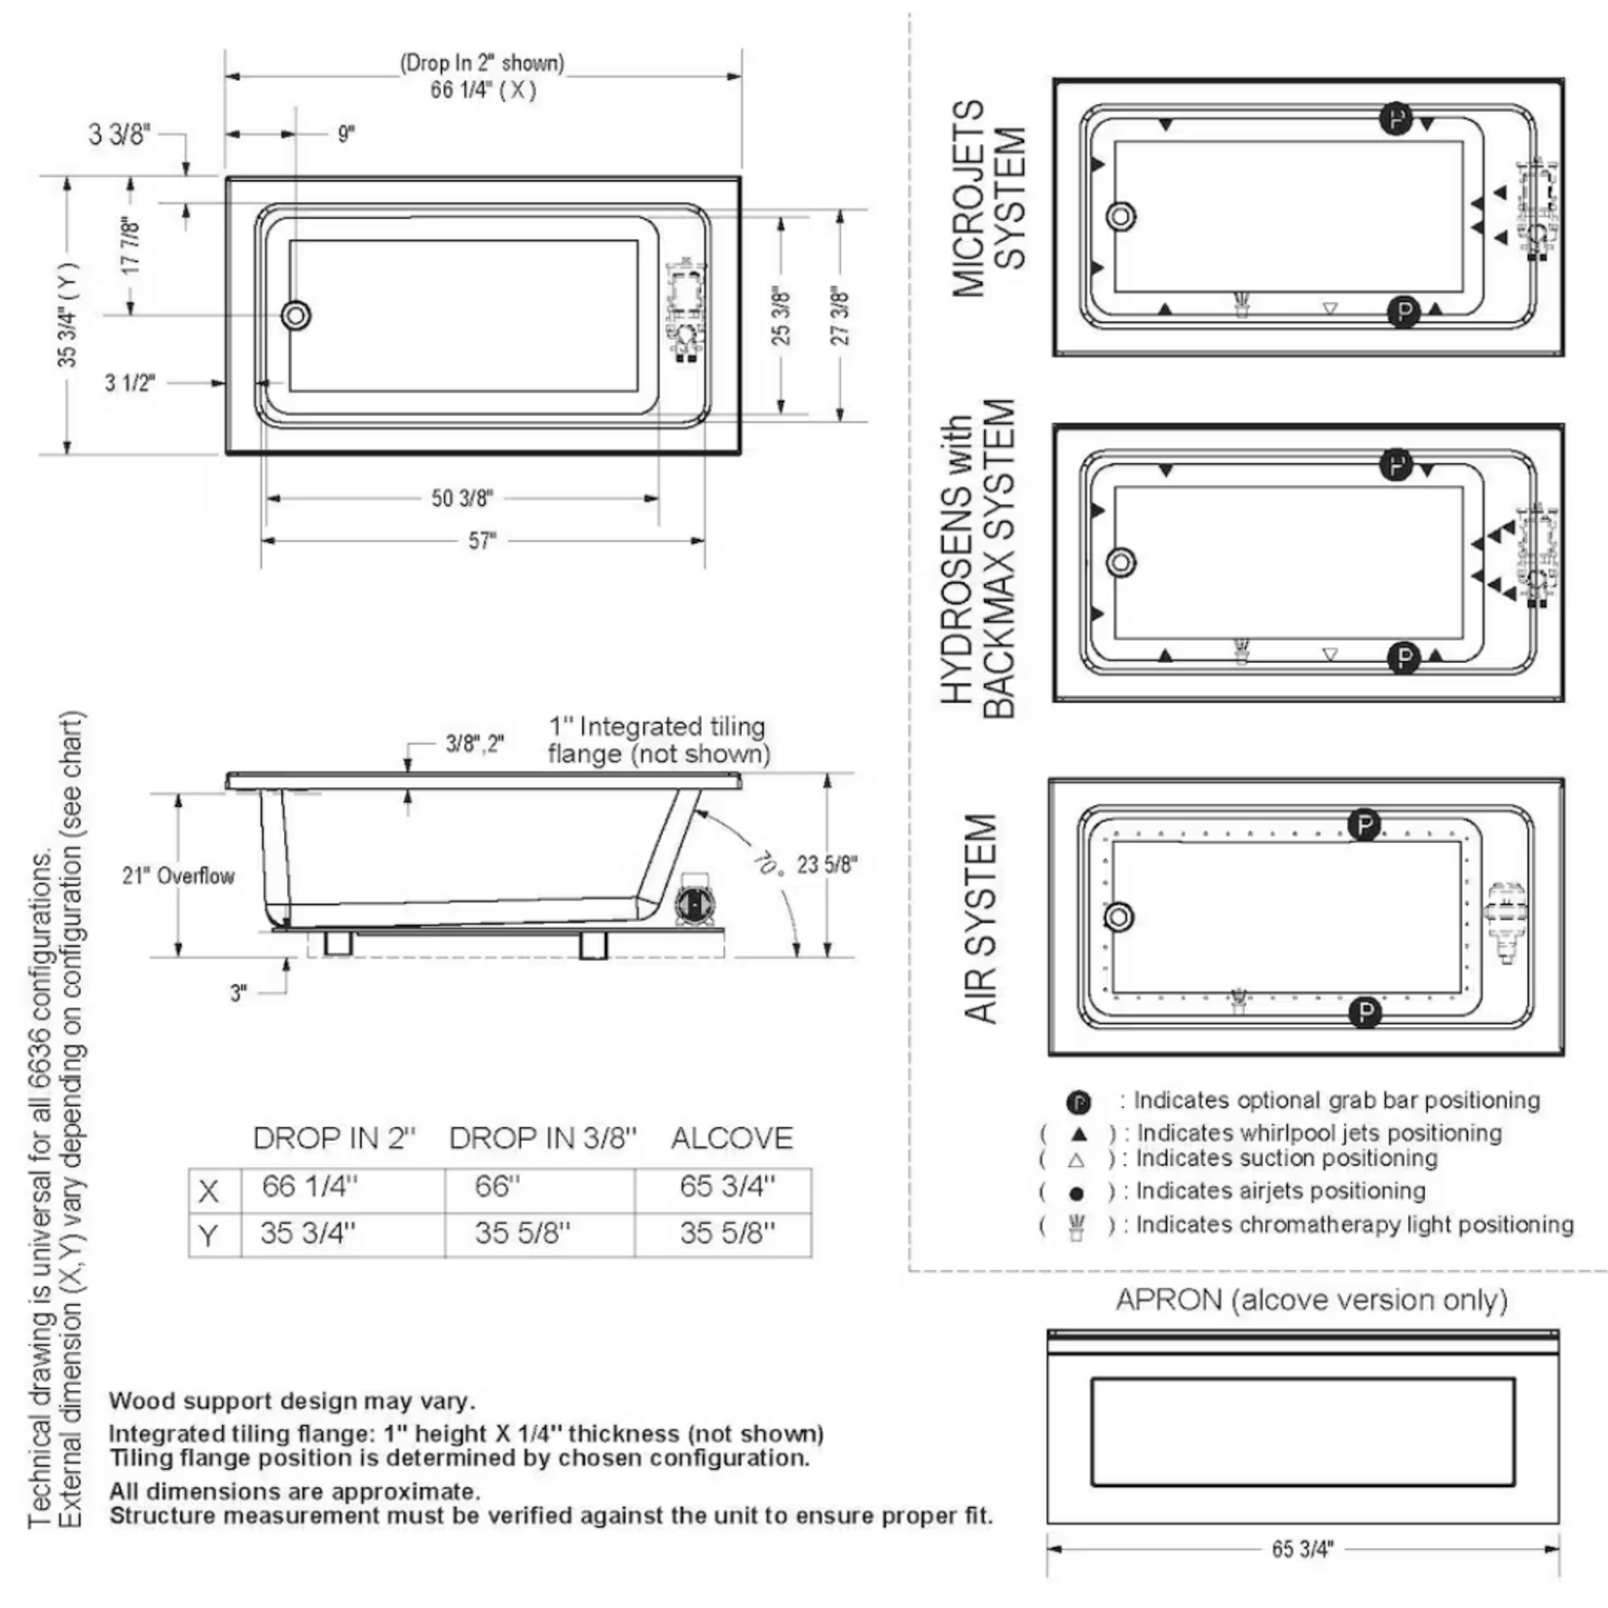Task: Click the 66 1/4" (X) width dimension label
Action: [x=483, y=90]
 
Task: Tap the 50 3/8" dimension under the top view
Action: [x=461, y=498]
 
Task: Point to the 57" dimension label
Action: [x=482, y=540]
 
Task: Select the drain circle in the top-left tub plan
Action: [x=296, y=315]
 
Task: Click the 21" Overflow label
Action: [x=178, y=876]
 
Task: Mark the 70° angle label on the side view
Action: [x=767, y=861]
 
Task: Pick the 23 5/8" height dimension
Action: [x=826, y=864]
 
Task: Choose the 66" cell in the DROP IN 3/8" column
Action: [x=497, y=1187]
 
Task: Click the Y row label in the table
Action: [x=208, y=1236]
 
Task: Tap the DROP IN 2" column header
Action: [x=334, y=1138]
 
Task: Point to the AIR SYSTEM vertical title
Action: [x=981, y=918]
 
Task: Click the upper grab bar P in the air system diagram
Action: [x=1365, y=825]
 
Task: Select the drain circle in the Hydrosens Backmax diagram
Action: [x=1121, y=562]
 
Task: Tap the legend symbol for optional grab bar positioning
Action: [x=1078, y=1102]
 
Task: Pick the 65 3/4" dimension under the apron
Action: [x=1301, y=1549]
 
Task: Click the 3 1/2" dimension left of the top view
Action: [x=129, y=383]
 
